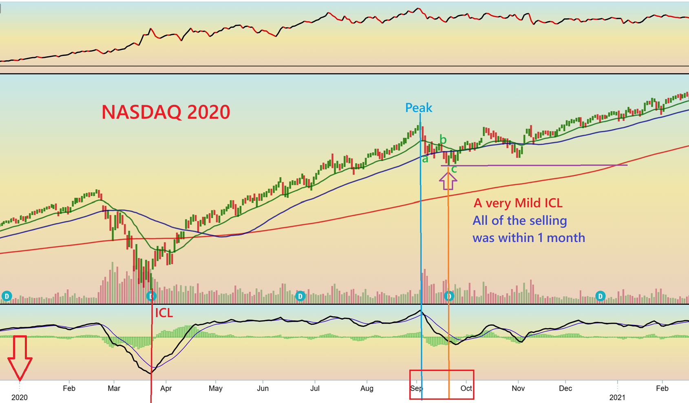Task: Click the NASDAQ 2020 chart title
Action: [x=166, y=112]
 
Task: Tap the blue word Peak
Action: [x=418, y=108]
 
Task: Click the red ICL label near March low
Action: [x=164, y=313]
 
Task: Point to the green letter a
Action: [x=425, y=159]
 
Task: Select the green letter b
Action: [x=443, y=140]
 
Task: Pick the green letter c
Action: [x=454, y=169]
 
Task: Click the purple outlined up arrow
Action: [x=448, y=181]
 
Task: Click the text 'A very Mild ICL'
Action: [x=518, y=203]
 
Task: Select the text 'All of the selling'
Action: [x=520, y=221]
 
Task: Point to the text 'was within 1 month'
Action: [x=529, y=238]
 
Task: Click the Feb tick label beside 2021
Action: [x=662, y=388]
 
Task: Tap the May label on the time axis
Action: [x=216, y=388]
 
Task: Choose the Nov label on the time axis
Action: [x=518, y=388]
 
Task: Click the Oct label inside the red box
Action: [x=466, y=388]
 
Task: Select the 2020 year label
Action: [x=20, y=397]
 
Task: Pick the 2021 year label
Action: [x=617, y=397]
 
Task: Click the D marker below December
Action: [x=600, y=296]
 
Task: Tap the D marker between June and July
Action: [x=300, y=296]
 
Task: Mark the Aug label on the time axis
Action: [x=367, y=388]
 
